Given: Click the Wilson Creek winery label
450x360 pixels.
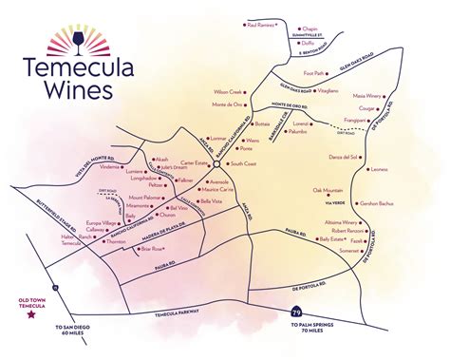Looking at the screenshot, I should click(x=229, y=91).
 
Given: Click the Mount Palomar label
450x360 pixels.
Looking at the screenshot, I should click(x=147, y=198).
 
